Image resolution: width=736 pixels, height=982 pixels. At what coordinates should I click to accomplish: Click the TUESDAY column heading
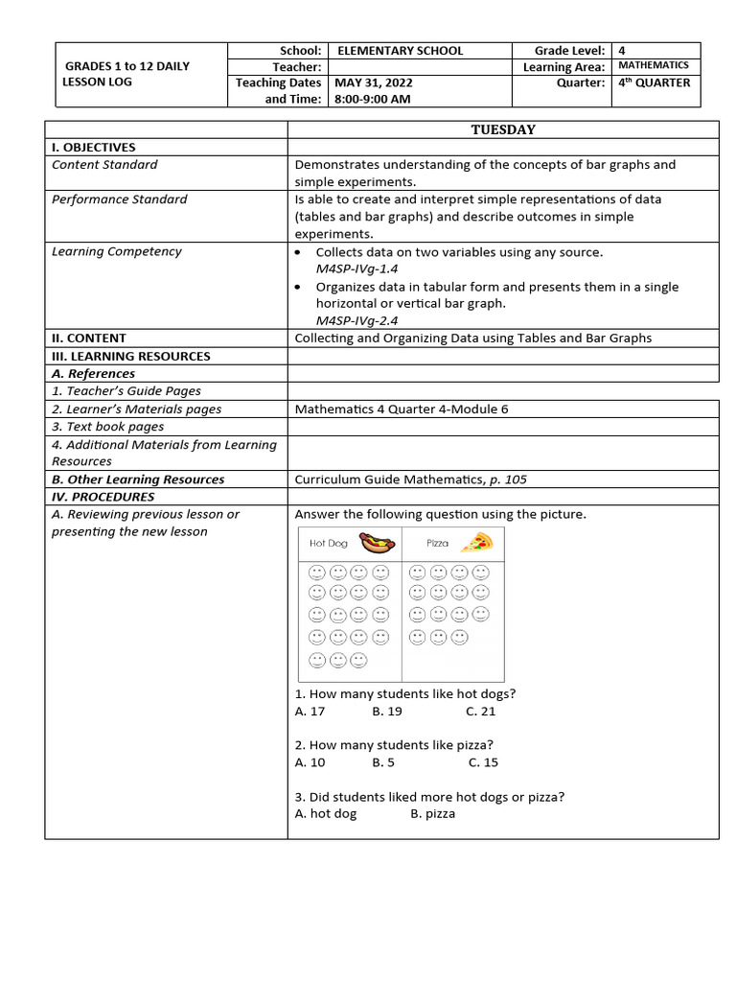502,129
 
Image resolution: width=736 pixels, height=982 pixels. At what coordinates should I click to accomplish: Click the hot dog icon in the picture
376,543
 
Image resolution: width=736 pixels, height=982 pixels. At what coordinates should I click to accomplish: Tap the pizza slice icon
476,543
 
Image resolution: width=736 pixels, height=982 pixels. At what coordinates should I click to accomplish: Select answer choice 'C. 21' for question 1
480,712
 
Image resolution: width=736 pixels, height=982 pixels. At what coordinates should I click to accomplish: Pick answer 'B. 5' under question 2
383,762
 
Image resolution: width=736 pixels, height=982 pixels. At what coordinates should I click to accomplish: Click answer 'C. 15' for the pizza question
483,762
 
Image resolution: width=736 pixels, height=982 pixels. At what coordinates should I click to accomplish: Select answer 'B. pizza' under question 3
433,814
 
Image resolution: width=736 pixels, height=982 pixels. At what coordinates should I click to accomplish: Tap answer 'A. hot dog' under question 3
326,814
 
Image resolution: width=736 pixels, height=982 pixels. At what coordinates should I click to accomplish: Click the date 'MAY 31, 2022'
373,83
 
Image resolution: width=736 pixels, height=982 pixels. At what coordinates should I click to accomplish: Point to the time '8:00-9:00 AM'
373,100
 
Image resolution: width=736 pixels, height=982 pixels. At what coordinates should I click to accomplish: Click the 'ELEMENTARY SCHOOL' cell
400,51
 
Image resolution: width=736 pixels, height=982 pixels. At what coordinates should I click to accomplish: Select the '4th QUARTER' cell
654,83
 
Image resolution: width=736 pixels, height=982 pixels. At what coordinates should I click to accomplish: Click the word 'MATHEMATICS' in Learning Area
653,66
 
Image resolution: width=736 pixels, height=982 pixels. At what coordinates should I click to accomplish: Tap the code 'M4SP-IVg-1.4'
356,269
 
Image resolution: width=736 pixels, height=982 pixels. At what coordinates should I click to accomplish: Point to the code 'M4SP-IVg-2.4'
356,321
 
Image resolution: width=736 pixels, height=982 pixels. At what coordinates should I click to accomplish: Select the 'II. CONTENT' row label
89,339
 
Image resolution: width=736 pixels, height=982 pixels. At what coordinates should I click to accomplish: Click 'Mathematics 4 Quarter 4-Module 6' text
402,409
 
